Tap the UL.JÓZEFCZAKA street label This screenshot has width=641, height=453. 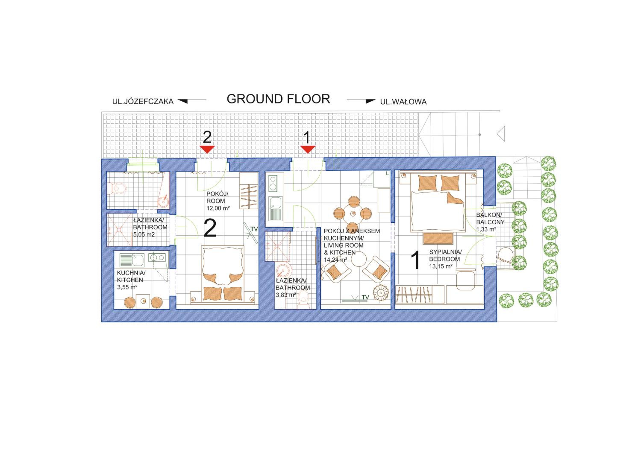[x=143, y=102]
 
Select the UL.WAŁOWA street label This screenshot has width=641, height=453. [x=403, y=102]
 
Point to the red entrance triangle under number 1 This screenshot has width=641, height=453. [x=308, y=149]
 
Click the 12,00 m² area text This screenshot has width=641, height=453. [x=218, y=208]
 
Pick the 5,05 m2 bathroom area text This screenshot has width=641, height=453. [x=144, y=235]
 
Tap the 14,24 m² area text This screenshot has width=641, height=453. [x=336, y=260]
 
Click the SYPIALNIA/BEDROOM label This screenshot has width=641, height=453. [x=445, y=256]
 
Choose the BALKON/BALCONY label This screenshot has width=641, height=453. [x=490, y=219]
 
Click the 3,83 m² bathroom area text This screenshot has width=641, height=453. [x=286, y=295]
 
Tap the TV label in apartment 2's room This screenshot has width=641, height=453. [x=254, y=229]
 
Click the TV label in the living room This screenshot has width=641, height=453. [x=365, y=298]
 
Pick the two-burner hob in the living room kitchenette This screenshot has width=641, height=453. [x=273, y=183]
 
